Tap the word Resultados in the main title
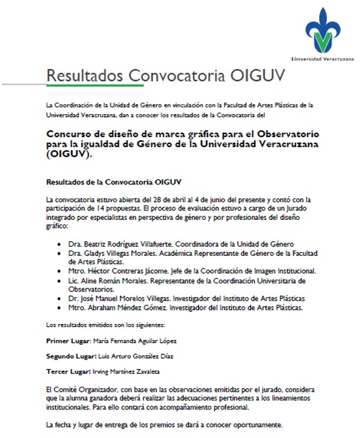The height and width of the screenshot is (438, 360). [85, 76]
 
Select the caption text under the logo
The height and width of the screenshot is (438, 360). [323, 60]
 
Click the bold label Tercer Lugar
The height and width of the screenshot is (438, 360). [67, 371]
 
